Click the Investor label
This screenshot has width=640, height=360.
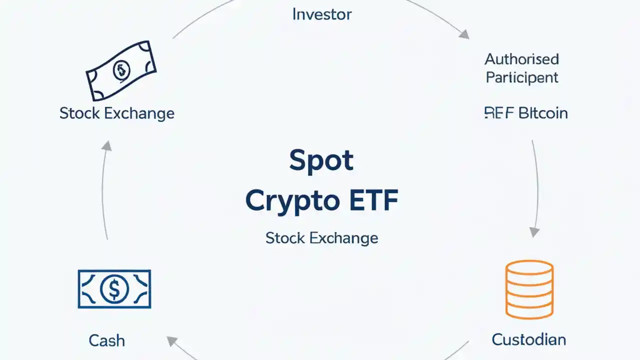(x=321, y=14)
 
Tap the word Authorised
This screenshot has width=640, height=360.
(x=521, y=59)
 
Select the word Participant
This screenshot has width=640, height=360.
(x=521, y=77)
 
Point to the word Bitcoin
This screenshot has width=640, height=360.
(x=542, y=113)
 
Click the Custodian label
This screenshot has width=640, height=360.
(x=528, y=339)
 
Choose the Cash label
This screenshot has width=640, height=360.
(x=106, y=340)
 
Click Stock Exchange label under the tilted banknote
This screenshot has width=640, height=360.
(x=116, y=113)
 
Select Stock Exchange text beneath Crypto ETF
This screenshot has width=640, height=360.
(x=321, y=238)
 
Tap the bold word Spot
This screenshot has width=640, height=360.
(x=321, y=161)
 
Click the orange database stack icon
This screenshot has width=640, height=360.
(x=529, y=289)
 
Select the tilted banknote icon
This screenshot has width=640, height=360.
(x=121, y=70)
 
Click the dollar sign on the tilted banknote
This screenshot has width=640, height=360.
(x=121, y=70)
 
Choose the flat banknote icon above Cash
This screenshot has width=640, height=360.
(x=114, y=288)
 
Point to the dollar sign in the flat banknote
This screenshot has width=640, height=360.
(x=114, y=288)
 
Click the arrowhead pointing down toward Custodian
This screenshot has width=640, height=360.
(x=534, y=231)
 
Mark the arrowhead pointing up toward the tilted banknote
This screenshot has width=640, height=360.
(x=106, y=145)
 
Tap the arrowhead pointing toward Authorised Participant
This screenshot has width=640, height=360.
(x=464, y=34)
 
